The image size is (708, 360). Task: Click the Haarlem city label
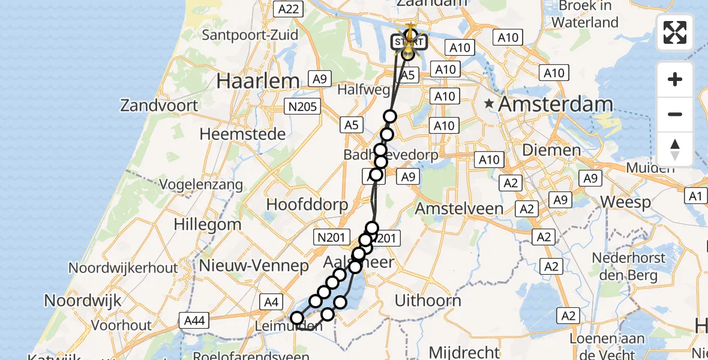tap(258, 81)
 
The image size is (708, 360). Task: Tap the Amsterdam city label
tap(556, 104)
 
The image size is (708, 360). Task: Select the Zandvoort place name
tap(159, 106)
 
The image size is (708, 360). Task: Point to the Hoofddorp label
tap(307, 204)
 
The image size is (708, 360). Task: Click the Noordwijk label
tap(83, 300)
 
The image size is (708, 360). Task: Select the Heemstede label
tap(242, 134)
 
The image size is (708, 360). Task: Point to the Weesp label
tap(625, 202)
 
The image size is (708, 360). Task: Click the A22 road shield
tap(287, 8)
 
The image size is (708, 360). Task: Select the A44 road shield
tap(194, 321)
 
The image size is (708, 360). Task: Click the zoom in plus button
tap(675, 80)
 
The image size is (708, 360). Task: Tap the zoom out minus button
tap(675, 114)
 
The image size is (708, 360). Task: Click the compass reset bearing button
tap(675, 149)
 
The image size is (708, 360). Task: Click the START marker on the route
tap(409, 42)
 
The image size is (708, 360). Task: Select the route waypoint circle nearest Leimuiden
tap(297, 318)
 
